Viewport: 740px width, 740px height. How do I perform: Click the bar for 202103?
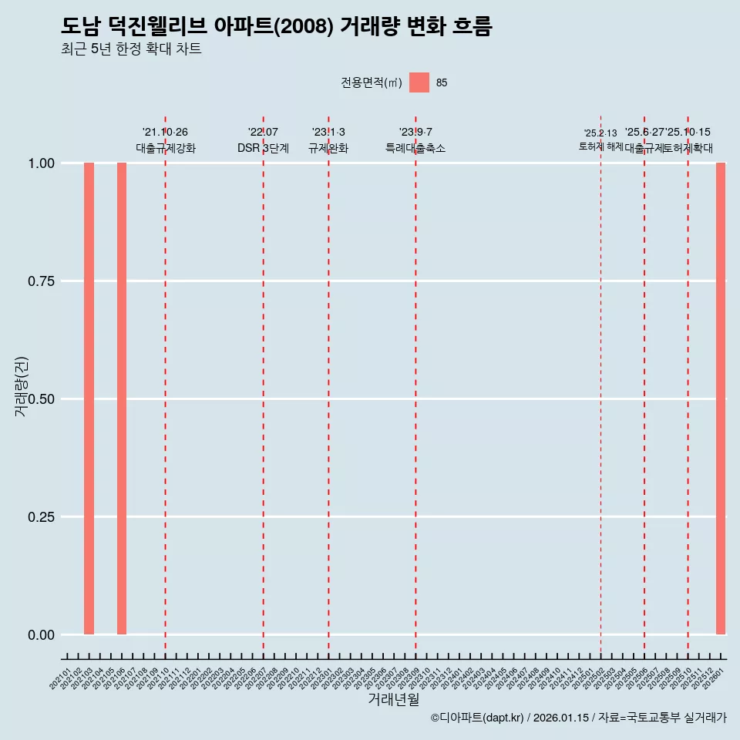[x=89, y=399]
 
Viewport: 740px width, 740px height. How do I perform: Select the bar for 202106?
[x=122, y=399]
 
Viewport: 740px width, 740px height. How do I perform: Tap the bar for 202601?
[x=721, y=399]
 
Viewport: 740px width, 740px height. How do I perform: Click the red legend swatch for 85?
[x=419, y=82]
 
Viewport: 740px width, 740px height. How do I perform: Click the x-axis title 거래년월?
[x=393, y=700]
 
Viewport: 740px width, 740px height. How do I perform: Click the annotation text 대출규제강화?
[x=166, y=148]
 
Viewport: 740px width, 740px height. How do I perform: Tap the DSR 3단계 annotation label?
[x=263, y=148]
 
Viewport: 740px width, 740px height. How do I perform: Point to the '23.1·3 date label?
[x=328, y=133]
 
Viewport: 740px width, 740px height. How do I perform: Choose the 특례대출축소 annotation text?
[x=415, y=148]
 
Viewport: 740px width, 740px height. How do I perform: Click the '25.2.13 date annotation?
[x=600, y=133]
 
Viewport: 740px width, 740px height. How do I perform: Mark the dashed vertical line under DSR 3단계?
[x=264, y=385]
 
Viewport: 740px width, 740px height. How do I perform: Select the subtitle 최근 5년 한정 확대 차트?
[x=131, y=49]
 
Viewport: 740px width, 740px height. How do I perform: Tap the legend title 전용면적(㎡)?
[x=371, y=82]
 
